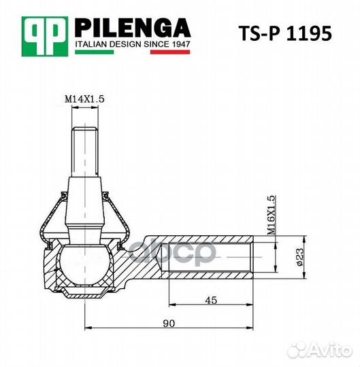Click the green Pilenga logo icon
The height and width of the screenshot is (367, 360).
point(46,35)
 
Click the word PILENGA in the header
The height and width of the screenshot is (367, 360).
point(131,28)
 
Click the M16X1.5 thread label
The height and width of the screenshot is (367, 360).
point(271,215)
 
